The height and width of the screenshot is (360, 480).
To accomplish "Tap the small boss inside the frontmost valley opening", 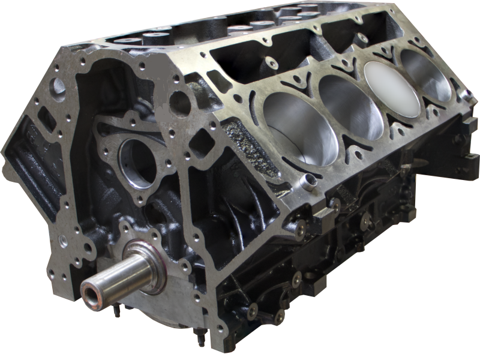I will click(x=273, y=63).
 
